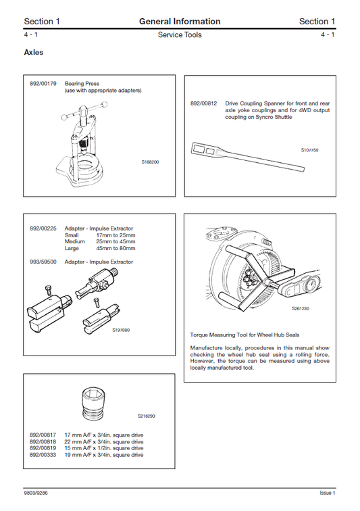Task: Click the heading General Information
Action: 180,22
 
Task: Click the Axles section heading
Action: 34,52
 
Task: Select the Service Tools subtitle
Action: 180,35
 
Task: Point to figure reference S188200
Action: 150,163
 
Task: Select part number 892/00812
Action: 203,103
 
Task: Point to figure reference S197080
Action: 120,331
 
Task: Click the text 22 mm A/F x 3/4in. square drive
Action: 104,441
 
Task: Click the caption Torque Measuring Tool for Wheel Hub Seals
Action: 245,335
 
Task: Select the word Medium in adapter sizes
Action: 75,241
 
